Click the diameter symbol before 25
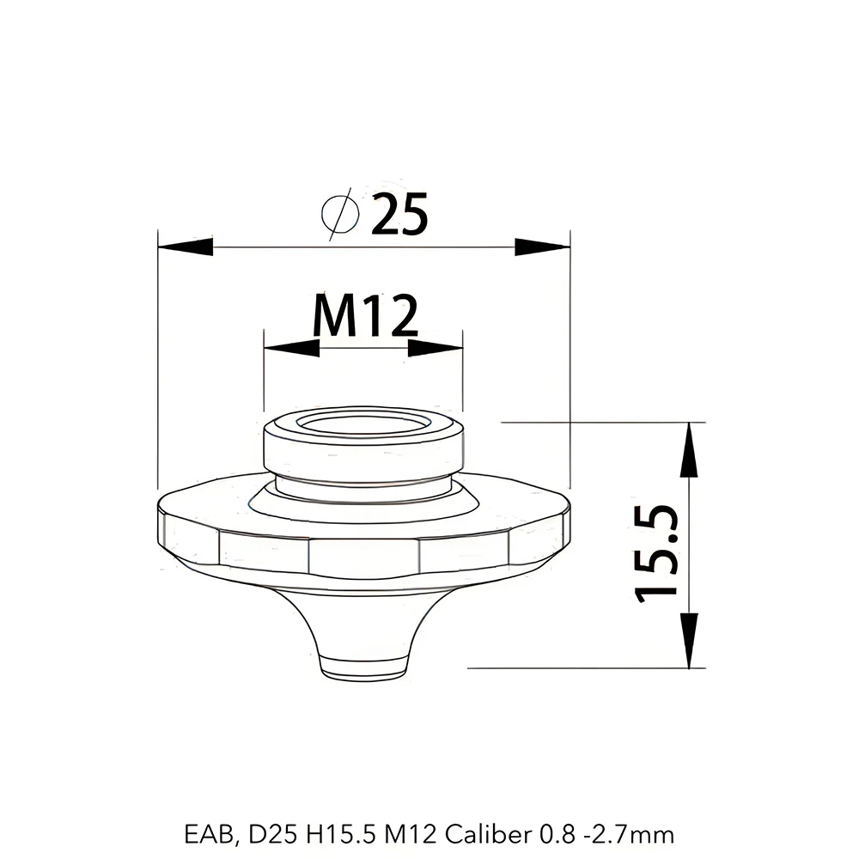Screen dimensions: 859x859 [x=338, y=214]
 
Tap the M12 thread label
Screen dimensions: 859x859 [x=365, y=317]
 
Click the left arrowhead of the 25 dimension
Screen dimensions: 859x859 [x=186, y=247]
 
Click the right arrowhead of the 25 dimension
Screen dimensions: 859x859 [x=541, y=247]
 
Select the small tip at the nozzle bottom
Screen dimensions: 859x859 [x=362, y=667]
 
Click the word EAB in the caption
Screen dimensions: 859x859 [x=202, y=833]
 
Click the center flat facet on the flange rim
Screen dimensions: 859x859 [x=363, y=557]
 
